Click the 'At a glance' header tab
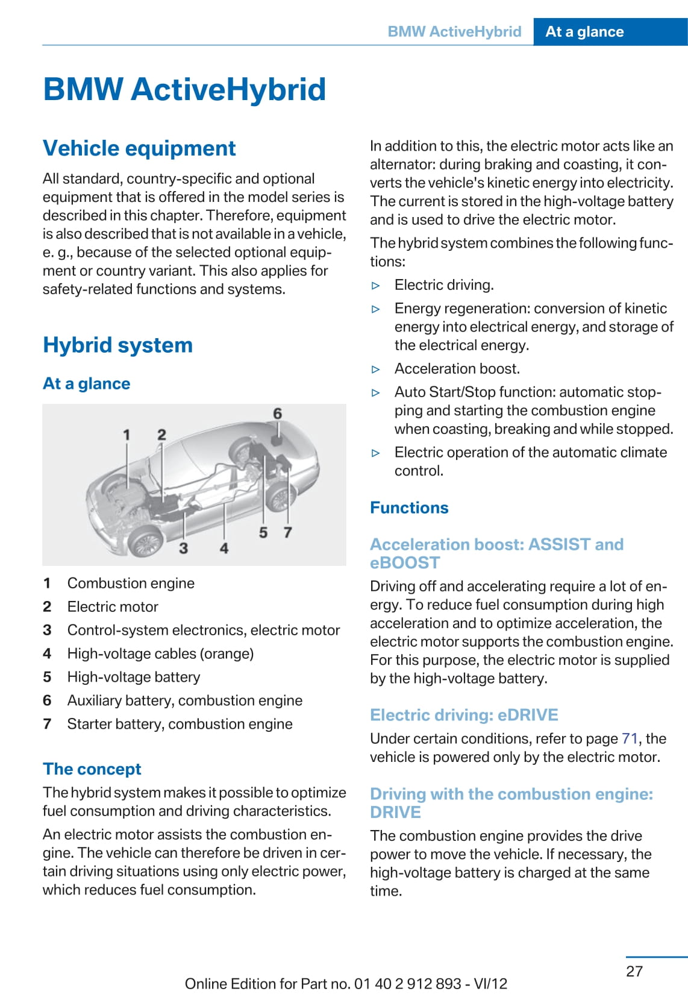click(584, 32)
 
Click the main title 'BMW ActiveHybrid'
click(184, 89)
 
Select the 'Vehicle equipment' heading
click(139, 148)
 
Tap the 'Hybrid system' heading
click(117, 345)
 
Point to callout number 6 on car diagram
click(277, 414)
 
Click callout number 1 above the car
click(127, 435)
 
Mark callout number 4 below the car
click(224, 548)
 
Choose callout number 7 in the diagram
click(288, 532)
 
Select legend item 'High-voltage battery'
click(134, 677)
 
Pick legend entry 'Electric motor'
click(113, 606)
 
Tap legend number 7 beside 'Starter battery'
click(47, 724)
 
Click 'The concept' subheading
click(92, 769)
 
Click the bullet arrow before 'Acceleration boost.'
click(376, 369)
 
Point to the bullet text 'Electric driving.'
click(444, 285)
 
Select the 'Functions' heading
click(409, 508)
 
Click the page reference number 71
click(630, 738)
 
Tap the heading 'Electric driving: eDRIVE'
click(464, 715)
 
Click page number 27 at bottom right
click(634, 971)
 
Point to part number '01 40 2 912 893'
click(408, 984)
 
